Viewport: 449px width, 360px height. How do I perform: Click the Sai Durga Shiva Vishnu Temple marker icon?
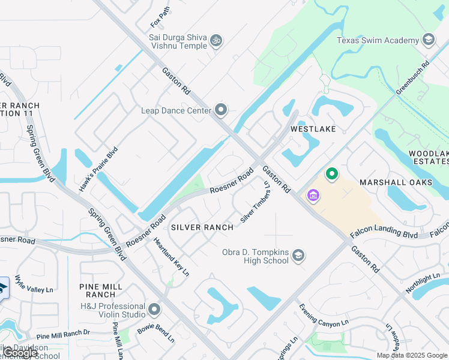pyautogui.click(x=216, y=41)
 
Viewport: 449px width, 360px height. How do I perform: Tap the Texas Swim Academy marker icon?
pyautogui.click(x=429, y=40)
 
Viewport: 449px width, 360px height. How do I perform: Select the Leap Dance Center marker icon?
pyautogui.click(x=221, y=110)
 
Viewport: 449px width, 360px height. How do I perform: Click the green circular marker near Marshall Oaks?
pyautogui.click(x=331, y=175)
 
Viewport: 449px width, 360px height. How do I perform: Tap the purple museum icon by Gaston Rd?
pyautogui.click(x=312, y=196)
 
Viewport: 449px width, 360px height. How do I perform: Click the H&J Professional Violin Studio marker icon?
pyautogui.click(x=154, y=310)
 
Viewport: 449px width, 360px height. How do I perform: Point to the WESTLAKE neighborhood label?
pyautogui.click(x=312, y=129)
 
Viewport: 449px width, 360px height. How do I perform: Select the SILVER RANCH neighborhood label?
pyautogui.click(x=202, y=227)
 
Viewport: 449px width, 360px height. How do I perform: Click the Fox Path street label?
pyautogui.click(x=160, y=17)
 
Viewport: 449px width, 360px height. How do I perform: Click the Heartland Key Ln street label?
pyautogui.click(x=172, y=256)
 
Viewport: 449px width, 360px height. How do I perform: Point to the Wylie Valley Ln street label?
pyautogui.click(x=34, y=284)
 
